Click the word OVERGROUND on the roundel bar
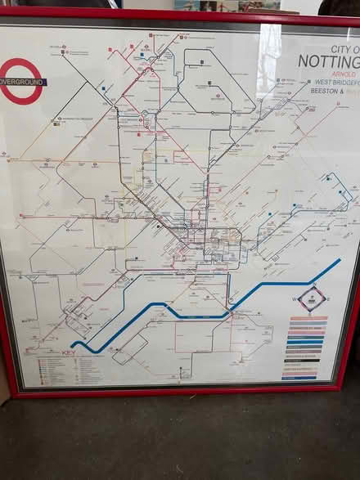pos(23,83)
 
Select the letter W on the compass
pos(295,298)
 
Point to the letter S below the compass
pos(313,312)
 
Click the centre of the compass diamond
pos(313,298)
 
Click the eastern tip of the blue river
pos(339,261)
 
